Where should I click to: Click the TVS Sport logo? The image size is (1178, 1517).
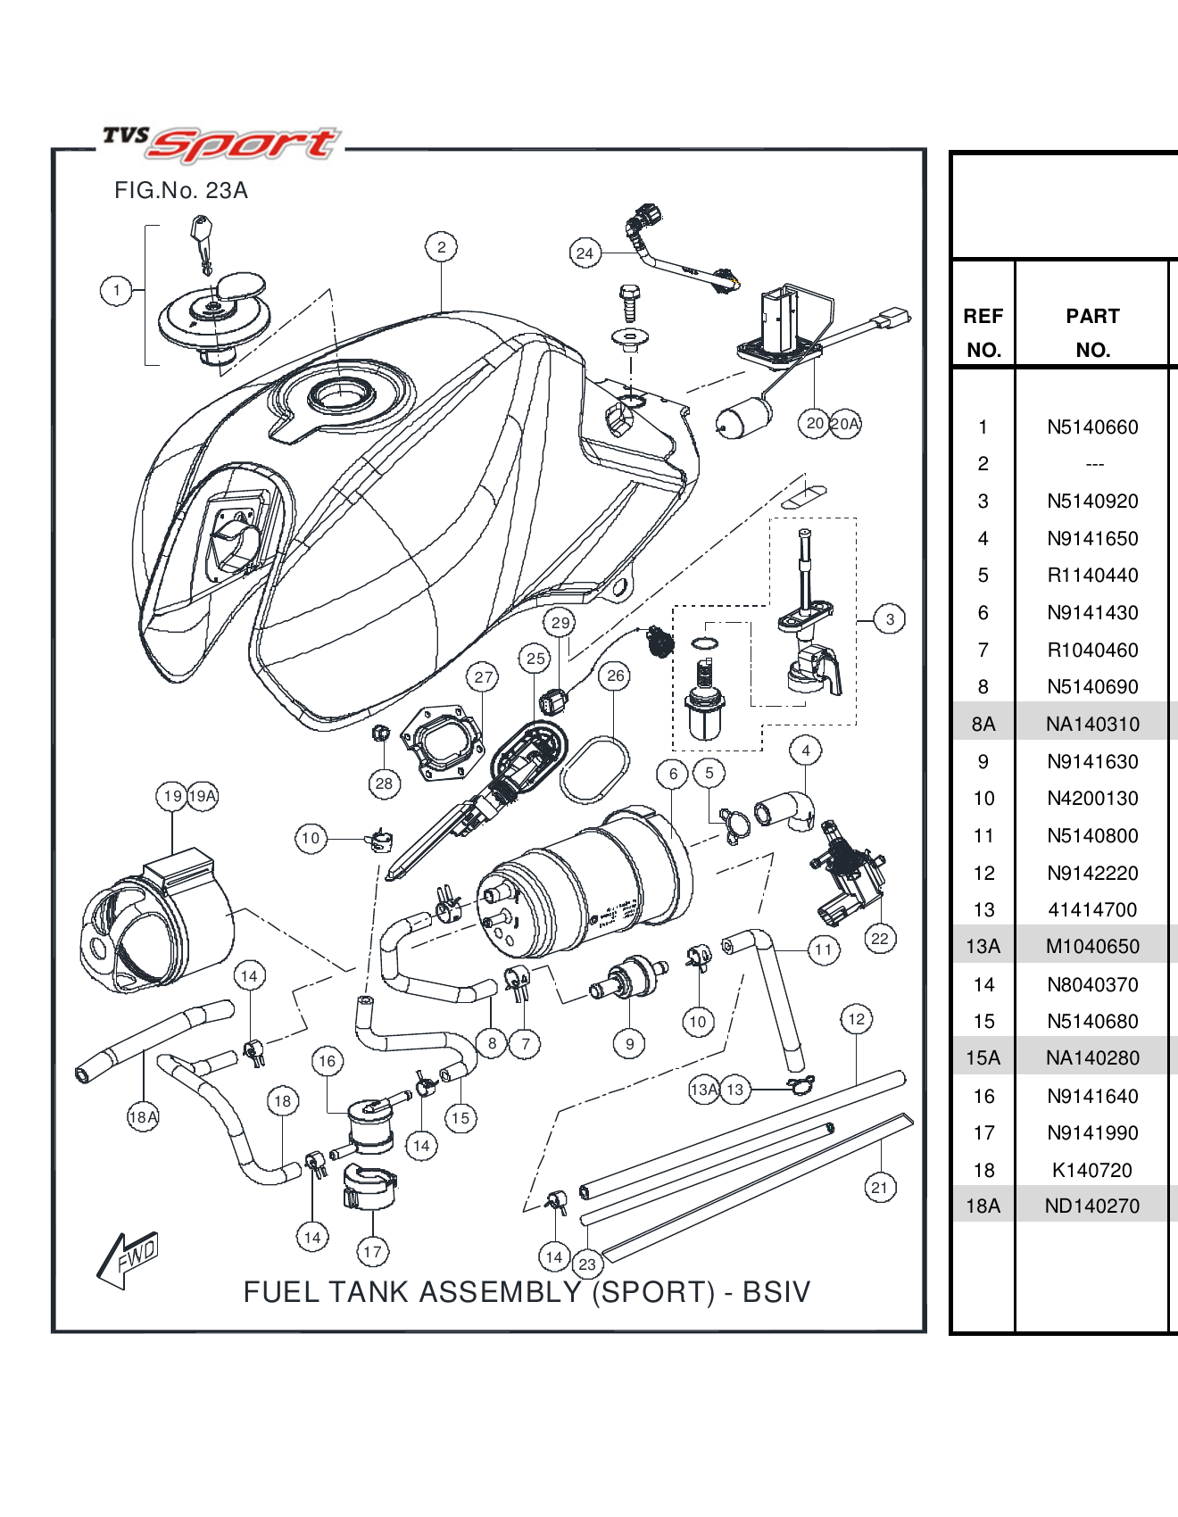(220, 143)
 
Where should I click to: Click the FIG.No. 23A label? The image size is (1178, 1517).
(181, 191)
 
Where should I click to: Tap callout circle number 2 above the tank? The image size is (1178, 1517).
(441, 247)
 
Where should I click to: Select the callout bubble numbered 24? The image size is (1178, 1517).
(585, 253)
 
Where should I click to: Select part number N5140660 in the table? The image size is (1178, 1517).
(1092, 427)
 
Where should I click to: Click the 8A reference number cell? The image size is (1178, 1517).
(983, 724)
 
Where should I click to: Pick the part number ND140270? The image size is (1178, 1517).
(1092, 1206)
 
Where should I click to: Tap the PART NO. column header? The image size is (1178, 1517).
(1092, 333)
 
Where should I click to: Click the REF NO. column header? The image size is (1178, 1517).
(983, 333)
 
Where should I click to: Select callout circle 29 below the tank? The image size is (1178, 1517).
(560, 623)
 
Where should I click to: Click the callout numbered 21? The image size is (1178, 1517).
(880, 1188)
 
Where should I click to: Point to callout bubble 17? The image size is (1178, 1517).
(372, 1252)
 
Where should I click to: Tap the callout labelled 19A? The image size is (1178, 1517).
(203, 796)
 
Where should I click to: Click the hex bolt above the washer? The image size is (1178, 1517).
(628, 302)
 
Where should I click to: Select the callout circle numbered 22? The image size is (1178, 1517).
(880, 939)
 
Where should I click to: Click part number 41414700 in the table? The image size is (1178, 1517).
(1092, 910)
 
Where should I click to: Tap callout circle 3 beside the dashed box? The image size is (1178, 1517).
(890, 619)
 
